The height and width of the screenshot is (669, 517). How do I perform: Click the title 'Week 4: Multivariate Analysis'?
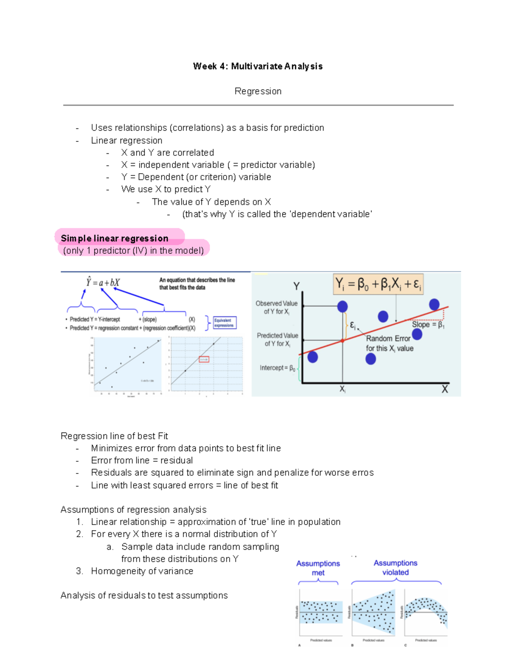(x=258, y=66)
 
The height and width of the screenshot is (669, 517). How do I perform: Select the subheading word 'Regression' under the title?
(x=258, y=91)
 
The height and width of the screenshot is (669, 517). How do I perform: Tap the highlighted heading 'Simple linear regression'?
(x=115, y=238)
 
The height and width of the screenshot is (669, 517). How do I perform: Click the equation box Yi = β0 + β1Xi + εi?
(x=378, y=284)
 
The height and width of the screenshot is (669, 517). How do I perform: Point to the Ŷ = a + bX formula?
(x=103, y=283)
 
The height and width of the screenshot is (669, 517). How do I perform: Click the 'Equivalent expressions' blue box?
(x=224, y=323)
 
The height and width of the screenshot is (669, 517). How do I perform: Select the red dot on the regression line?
(x=343, y=340)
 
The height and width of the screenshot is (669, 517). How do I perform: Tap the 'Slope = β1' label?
(x=428, y=325)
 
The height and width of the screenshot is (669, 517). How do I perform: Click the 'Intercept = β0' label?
(x=277, y=368)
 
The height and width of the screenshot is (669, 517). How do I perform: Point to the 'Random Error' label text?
(x=388, y=339)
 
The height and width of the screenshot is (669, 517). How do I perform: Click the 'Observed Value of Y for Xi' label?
(x=276, y=307)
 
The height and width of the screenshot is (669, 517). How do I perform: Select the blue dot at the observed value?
(x=343, y=306)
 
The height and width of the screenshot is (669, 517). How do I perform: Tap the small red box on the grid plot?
(x=204, y=359)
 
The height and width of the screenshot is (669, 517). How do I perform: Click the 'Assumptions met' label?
(x=318, y=568)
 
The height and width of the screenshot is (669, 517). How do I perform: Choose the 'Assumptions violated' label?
(x=396, y=567)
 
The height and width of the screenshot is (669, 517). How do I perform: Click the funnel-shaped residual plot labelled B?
(x=373, y=613)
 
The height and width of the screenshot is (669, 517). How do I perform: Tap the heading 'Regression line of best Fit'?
(x=114, y=436)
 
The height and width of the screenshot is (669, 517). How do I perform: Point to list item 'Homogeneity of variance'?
(x=142, y=571)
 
